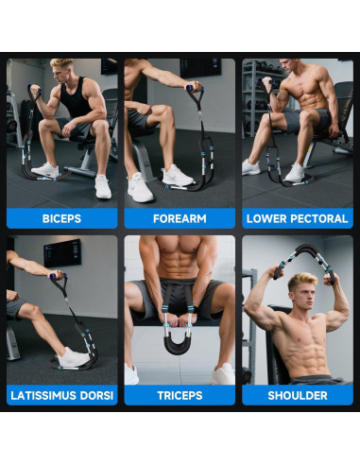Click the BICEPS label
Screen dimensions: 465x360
pos(61,218)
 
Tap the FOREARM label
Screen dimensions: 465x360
pos(180,218)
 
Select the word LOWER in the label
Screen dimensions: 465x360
pos(266,218)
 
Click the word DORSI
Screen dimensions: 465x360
pos(97,394)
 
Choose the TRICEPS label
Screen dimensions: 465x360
pos(180,394)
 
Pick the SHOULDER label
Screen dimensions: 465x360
pos(298,394)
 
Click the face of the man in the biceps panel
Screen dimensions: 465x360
pos(63,73)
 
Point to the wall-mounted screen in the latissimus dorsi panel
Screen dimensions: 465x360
pos(61,251)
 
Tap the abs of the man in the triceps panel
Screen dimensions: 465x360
pos(179,265)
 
